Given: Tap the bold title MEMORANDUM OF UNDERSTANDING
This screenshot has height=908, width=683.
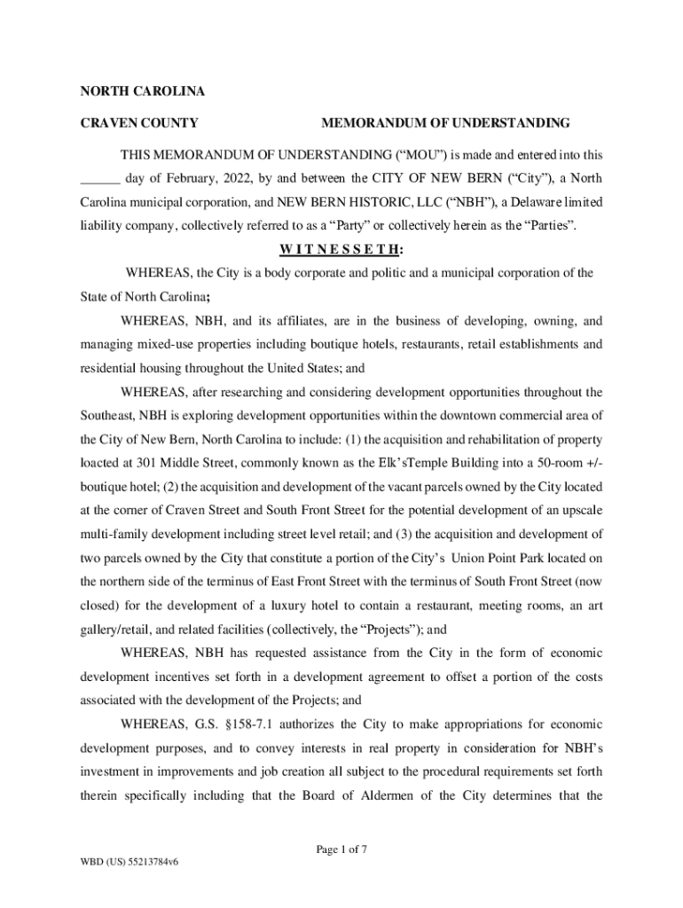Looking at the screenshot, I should click(x=445, y=122).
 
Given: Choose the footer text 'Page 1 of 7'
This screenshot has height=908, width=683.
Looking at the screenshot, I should click(x=341, y=849).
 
